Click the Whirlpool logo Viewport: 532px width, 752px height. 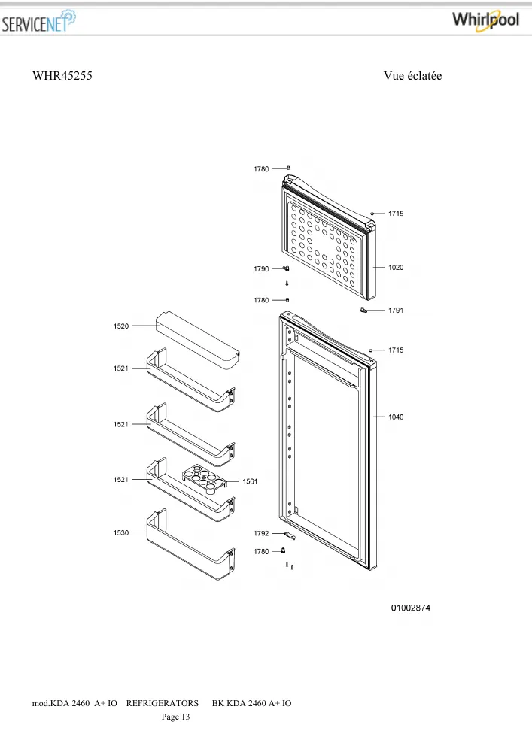[485, 20]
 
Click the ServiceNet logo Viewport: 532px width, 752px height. [38, 22]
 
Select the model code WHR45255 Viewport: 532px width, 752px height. [62, 76]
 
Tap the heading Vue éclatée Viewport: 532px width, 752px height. [412, 76]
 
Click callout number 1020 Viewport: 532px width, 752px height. [396, 268]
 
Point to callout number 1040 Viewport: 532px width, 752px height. [396, 417]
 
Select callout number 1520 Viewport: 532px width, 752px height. [121, 326]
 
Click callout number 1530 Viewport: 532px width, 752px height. [121, 533]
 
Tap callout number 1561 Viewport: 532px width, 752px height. [250, 481]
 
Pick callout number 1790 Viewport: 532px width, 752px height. [261, 269]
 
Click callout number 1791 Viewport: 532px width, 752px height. [396, 311]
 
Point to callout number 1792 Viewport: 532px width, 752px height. [261, 533]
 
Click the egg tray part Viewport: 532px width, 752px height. [203, 479]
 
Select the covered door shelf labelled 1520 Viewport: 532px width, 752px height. [197, 341]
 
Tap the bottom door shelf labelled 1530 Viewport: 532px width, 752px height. [190, 544]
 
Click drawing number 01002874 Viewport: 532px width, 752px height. [411, 608]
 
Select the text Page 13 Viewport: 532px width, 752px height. [175, 717]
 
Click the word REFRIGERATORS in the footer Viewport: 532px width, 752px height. [162, 704]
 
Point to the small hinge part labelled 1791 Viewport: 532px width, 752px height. [363, 310]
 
